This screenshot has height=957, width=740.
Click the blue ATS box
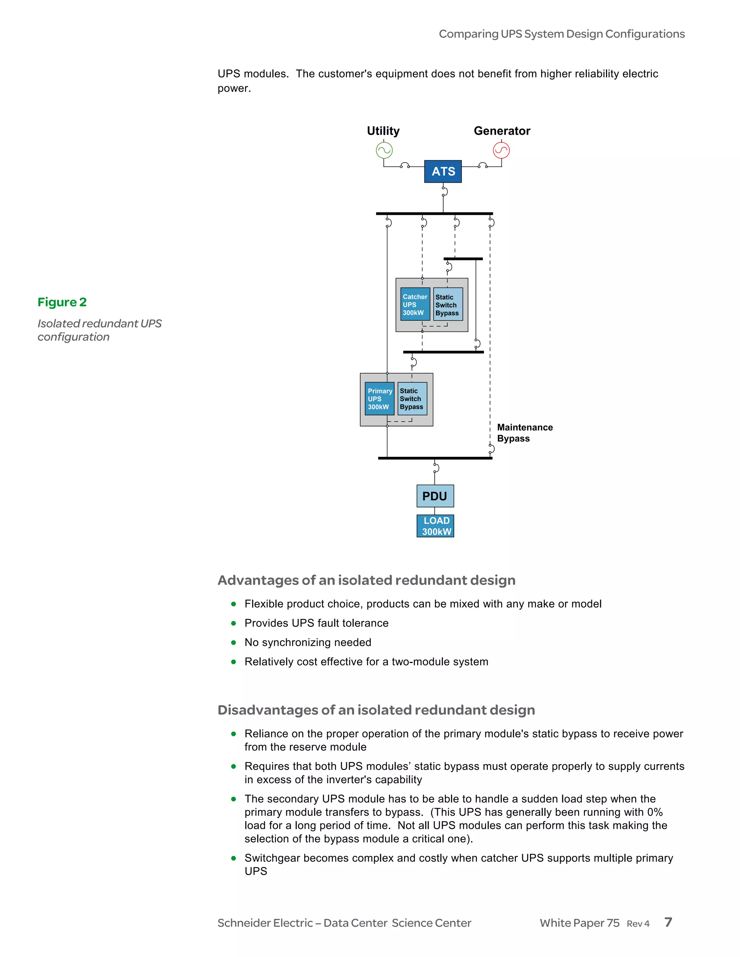443,171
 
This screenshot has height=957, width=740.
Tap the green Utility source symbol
384,151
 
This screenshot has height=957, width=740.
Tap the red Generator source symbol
501,151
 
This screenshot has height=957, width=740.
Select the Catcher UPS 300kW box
415,304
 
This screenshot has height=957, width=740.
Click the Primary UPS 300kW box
379,399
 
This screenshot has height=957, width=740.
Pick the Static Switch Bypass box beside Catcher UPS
448,304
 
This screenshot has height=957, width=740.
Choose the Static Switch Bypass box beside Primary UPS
412,399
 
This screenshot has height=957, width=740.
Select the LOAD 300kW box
435,526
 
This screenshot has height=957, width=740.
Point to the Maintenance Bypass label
524,433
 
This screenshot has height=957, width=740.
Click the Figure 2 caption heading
62,302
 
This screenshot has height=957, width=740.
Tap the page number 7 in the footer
668,922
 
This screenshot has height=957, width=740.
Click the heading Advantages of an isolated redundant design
366,580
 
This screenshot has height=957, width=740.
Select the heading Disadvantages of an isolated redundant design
376,710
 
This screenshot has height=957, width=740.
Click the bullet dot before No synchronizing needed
234,642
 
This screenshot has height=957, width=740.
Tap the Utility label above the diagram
383,131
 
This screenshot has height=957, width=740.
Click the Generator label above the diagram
502,131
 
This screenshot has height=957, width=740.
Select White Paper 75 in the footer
579,923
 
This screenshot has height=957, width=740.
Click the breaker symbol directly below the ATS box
444,191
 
